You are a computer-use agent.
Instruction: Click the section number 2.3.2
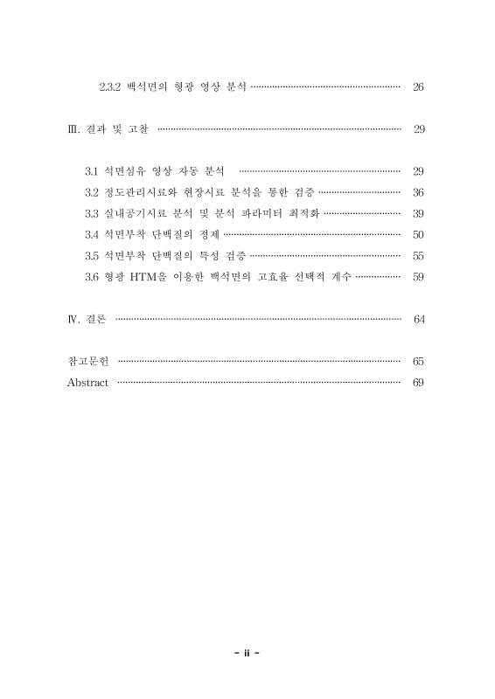point(113,87)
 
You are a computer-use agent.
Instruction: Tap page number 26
point(418,87)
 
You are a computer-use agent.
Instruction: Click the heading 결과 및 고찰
point(117,130)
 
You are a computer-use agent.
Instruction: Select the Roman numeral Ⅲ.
point(73,130)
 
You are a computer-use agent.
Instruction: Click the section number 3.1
point(92,170)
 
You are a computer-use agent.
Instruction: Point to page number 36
point(418,191)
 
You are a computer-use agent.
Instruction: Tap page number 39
point(418,212)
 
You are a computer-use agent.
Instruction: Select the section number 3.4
point(92,234)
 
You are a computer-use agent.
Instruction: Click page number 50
point(418,234)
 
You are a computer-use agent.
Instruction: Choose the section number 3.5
point(92,255)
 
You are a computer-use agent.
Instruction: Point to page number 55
point(418,255)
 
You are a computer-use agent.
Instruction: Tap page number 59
point(418,276)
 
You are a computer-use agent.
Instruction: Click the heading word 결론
point(97,319)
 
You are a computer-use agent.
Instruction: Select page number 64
point(419,319)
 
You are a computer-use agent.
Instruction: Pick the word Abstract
point(87,383)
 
